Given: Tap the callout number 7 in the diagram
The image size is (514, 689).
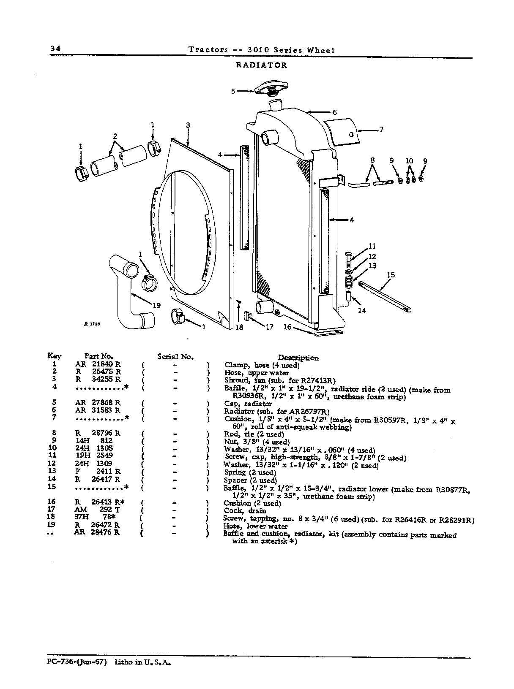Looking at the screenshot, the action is point(381,129).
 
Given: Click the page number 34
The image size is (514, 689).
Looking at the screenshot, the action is point(55,48).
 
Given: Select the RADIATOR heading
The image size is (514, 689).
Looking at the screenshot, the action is point(261,65).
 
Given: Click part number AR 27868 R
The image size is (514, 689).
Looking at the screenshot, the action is point(98,403).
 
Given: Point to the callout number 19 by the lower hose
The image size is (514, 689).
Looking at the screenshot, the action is point(156,305).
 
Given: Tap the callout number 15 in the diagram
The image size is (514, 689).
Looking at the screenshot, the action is point(391,275).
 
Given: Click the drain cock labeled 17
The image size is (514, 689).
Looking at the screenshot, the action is point(248,316).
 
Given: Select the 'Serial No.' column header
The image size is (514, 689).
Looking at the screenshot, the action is point(175,356).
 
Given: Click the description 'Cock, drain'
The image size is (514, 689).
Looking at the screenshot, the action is point(245,511).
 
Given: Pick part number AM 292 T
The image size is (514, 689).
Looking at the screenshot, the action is point(97,510).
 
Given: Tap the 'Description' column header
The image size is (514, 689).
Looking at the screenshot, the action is point(298,358).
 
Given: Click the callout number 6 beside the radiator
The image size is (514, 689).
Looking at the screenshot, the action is point(334,112).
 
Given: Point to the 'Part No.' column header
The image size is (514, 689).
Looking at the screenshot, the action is point(99,356).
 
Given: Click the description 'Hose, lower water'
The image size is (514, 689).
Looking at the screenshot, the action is point(255,526).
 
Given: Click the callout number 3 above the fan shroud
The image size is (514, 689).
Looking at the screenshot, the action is point(188,125).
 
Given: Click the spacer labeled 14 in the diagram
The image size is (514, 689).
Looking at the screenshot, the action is point(349,296).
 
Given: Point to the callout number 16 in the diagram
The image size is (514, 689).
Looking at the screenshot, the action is point(287,327).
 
